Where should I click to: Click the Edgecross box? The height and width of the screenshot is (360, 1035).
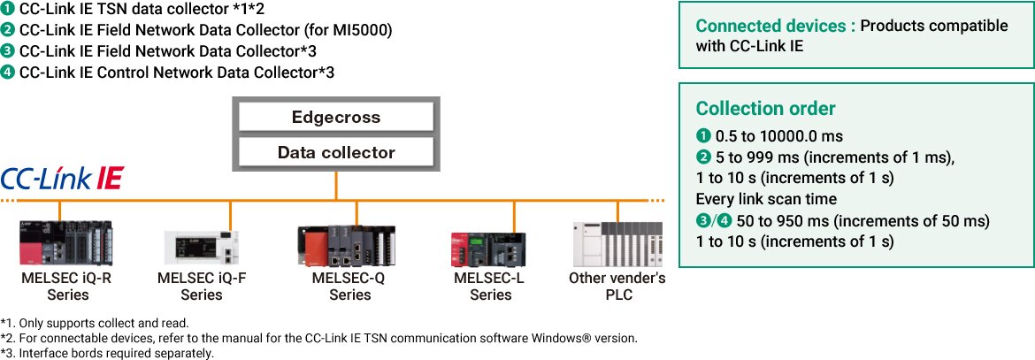(x=335, y=117)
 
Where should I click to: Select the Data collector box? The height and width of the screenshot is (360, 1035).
(x=335, y=152)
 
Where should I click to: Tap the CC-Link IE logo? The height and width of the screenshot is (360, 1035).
(x=62, y=179)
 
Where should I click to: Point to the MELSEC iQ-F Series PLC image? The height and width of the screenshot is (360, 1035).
(x=201, y=247)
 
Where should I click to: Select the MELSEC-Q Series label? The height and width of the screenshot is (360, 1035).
(x=349, y=286)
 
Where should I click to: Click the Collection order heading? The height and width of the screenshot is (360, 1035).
(x=765, y=109)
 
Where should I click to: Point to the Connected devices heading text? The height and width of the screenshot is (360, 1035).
(x=775, y=26)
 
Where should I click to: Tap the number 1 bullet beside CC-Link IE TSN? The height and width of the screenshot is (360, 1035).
(x=8, y=10)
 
